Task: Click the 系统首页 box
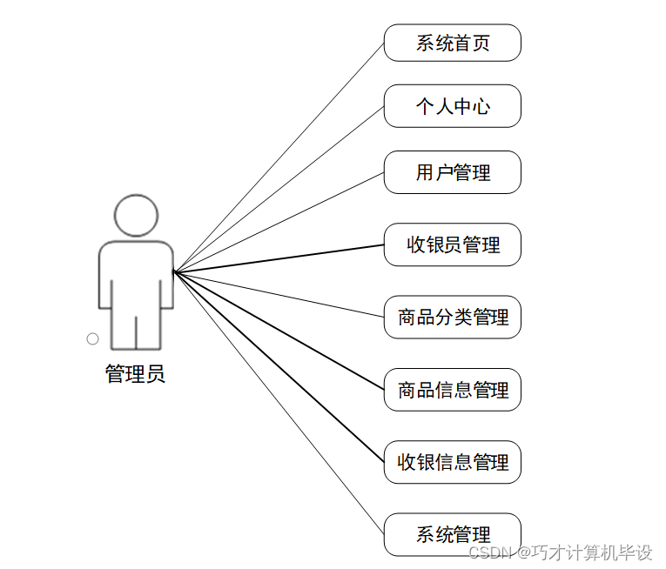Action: click(453, 43)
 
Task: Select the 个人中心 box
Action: click(453, 106)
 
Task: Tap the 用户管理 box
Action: click(453, 172)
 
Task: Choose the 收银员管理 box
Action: click(453, 245)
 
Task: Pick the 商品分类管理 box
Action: click(453, 318)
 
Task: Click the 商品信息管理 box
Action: click(453, 390)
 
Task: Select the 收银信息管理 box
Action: click(453, 462)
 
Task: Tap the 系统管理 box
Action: click(453, 534)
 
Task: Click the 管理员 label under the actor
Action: click(135, 374)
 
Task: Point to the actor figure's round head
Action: click(136, 195)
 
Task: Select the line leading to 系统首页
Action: click(279, 157)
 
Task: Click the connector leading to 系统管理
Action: click(279, 402)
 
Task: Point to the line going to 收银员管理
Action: click(279, 258)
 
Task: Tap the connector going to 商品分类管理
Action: click(279, 294)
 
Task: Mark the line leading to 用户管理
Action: click(279, 222)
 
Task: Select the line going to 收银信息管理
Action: click(279, 366)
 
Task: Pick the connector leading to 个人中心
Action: click(279, 189)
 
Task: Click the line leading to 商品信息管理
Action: click(279, 331)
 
